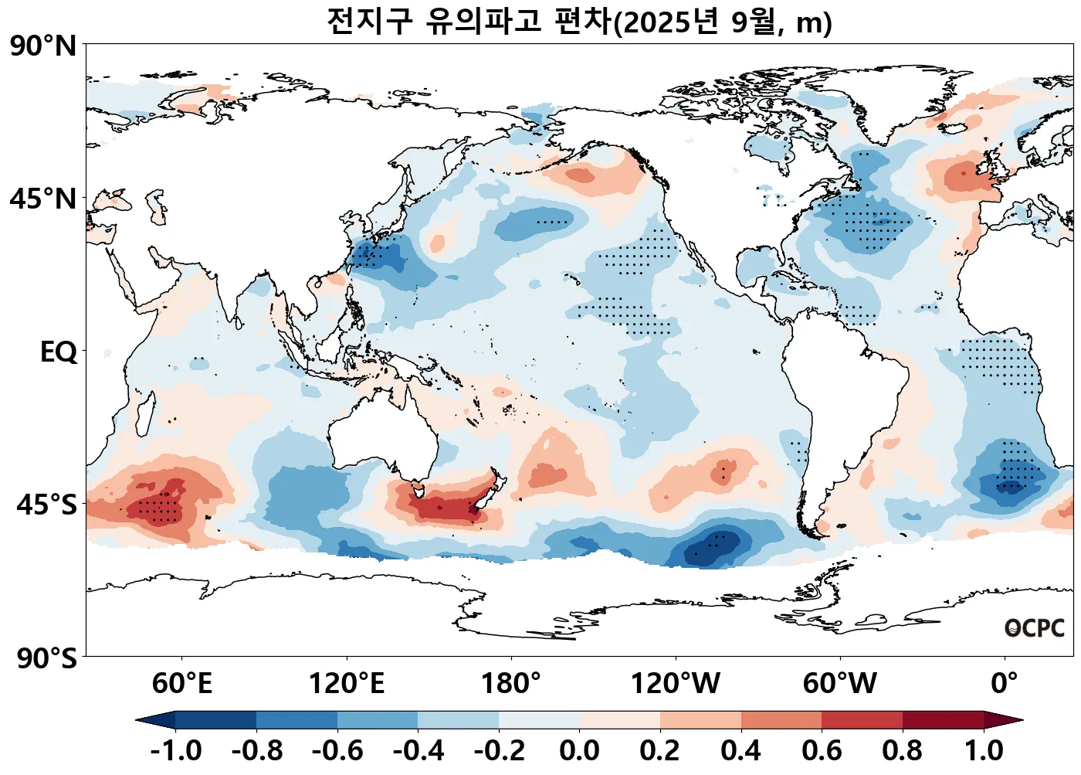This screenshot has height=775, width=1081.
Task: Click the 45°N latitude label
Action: [43, 199]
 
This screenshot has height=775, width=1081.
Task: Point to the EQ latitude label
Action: [59, 352]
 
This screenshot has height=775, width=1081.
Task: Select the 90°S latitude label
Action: [46, 658]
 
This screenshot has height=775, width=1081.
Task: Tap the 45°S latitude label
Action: [46, 505]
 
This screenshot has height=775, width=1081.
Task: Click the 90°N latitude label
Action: [43, 46]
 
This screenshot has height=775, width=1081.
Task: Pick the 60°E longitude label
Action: [181, 684]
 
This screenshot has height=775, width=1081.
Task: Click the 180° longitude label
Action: [510, 684]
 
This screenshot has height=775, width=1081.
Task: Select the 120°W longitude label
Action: [675, 684]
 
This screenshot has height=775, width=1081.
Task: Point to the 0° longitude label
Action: [1004, 684]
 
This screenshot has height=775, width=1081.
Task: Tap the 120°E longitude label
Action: [346, 684]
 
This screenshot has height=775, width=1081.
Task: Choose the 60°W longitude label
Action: [839, 684]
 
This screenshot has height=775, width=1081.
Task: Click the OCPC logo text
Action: [1035, 628]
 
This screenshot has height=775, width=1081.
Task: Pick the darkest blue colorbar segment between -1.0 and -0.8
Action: [215, 720]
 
